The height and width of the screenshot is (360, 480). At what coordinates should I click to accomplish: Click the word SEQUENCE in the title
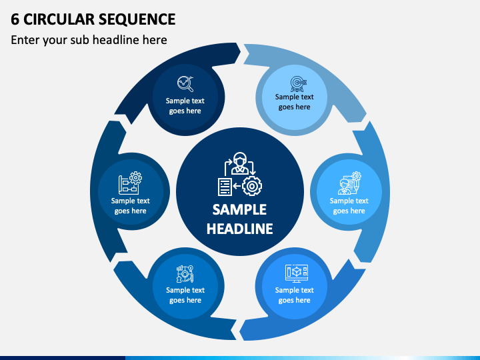(137, 19)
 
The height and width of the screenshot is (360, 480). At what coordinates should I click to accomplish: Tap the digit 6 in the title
(15, 19)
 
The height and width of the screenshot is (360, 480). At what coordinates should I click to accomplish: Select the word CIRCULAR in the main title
(59, 19)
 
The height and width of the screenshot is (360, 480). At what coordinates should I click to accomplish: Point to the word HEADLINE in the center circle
(240, 229)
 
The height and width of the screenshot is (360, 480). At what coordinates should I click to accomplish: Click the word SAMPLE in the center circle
(240, 210)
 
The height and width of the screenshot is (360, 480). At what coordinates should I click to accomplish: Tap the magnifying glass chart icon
(185, 83)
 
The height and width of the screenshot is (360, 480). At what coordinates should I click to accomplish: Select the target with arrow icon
(298, 83)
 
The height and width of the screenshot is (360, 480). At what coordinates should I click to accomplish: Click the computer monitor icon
(296, 273)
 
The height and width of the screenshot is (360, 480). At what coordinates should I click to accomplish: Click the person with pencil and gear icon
(349, 183)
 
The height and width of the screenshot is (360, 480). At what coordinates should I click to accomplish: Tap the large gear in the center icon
(252, 186)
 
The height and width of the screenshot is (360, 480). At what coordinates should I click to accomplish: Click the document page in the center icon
(225, 187)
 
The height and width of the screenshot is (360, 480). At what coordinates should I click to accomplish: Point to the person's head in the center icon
(240, 159)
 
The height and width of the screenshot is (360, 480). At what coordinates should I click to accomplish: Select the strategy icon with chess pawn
(185, 274)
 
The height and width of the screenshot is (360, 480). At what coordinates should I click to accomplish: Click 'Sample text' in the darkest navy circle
(185, 101)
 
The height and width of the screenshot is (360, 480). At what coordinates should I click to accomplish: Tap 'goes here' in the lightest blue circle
(294, 107)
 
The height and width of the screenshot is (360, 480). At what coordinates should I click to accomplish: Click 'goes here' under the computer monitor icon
(294, 300)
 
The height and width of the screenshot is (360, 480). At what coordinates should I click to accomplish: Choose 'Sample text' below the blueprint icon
(131, 201)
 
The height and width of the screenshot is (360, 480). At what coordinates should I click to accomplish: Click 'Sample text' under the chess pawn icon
(185, 290)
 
